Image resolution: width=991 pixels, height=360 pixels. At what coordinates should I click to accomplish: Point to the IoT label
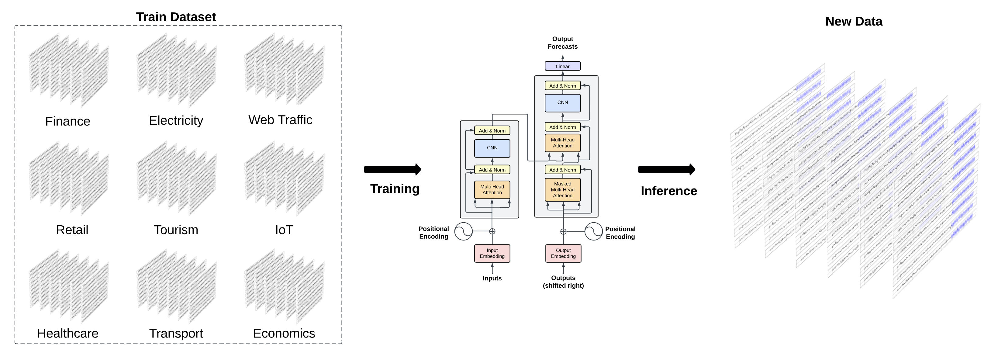[284, 230]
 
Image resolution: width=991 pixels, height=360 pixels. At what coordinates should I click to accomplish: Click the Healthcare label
[68, 334]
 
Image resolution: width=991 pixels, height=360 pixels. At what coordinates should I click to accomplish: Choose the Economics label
[284, 334]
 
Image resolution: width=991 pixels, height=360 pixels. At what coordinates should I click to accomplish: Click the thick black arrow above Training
[392, 169]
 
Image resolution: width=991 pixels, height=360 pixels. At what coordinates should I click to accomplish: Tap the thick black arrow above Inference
[666, 169]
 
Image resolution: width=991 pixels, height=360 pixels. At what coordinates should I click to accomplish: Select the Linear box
[562, 66]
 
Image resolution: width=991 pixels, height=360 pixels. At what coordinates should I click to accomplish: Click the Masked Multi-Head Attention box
[562, 190]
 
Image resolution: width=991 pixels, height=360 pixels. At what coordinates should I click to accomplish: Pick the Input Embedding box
[492, 254]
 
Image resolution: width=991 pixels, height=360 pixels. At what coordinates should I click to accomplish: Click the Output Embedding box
[563, 254]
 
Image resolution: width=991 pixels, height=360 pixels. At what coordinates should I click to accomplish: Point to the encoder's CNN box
[492, 148]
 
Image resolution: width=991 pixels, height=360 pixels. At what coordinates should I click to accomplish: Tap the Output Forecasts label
[562, 43]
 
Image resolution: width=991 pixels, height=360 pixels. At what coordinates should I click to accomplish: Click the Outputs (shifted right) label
[563, 282]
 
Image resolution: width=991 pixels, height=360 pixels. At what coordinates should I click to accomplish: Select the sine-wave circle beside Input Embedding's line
[463, 231]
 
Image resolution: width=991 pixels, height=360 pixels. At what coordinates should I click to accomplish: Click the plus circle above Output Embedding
[563, 232]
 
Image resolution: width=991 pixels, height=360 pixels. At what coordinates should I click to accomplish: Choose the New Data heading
[853, 22]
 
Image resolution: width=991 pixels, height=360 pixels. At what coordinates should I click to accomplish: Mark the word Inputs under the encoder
[492, 278]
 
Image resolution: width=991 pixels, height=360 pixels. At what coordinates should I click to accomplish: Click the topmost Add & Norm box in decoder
[562, 86]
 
